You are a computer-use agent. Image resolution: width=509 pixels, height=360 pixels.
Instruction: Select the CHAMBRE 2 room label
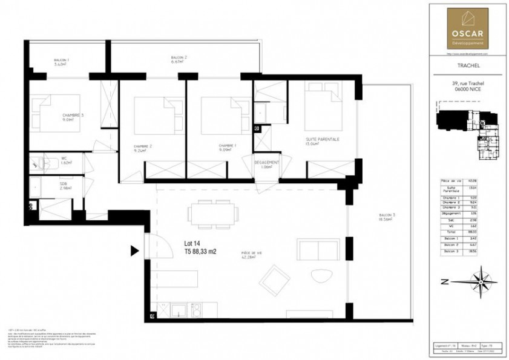(x=143, y=146)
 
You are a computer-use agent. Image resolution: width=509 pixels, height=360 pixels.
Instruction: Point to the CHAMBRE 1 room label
(x=228, y=146)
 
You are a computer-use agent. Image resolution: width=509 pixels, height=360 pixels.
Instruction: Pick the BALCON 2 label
(x=179, y=57)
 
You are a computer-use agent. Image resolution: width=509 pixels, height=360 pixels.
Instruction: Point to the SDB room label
(x=63, y=183)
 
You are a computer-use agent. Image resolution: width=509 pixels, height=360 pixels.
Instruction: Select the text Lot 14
(x=193, y=244)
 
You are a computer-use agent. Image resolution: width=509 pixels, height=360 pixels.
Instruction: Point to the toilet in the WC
(x=42, y=162)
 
